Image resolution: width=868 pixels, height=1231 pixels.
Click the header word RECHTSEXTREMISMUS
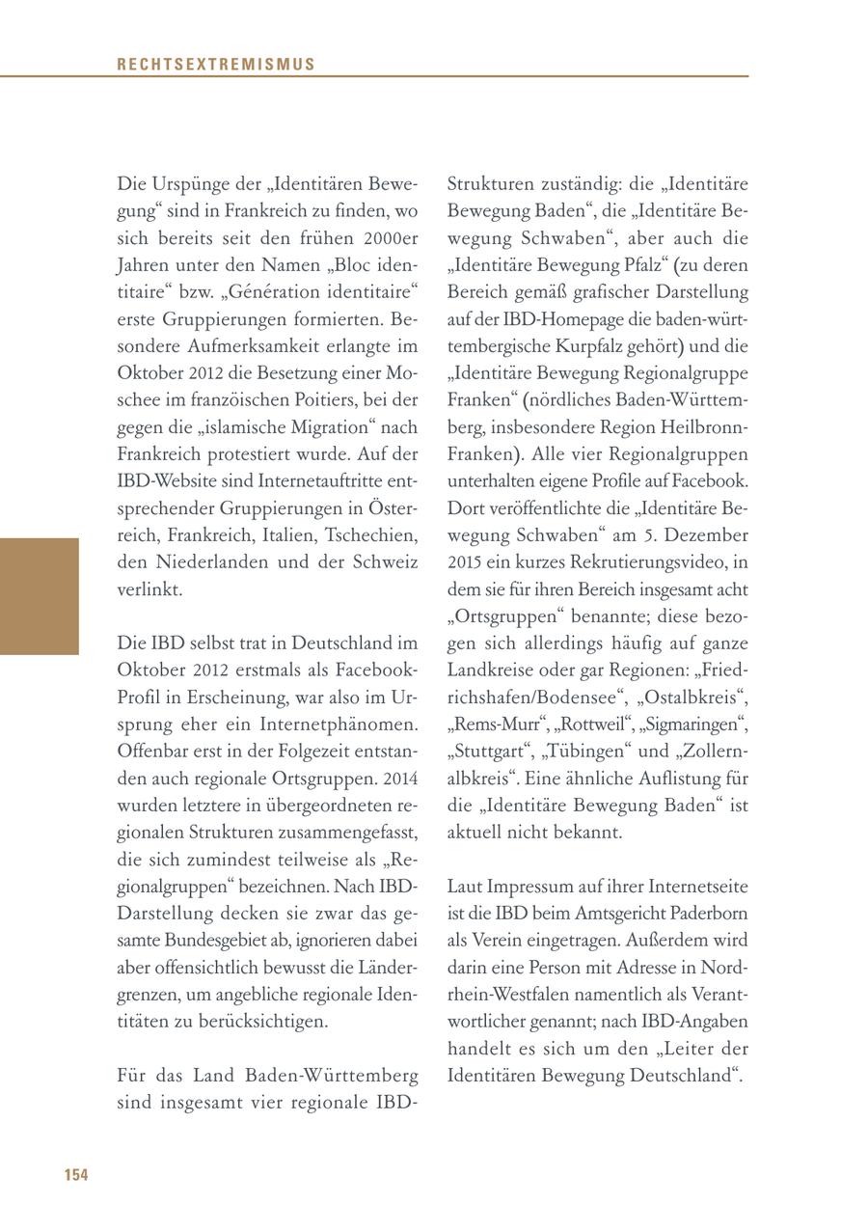tap(216, 65)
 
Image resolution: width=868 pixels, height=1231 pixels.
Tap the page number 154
tap(76, 1175)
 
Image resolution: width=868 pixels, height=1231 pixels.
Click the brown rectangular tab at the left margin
tap(39, 596)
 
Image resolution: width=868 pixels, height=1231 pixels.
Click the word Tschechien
tap(370, 534)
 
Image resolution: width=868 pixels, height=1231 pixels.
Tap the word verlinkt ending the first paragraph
tap(149, 588)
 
